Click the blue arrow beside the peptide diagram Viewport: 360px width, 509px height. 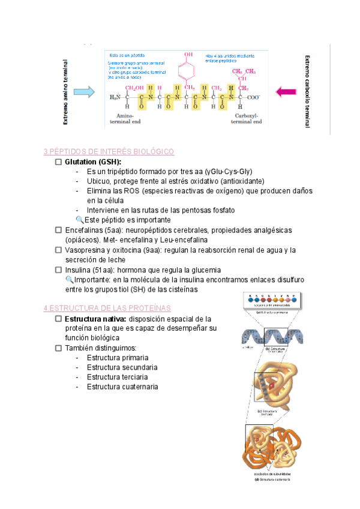point(83,92)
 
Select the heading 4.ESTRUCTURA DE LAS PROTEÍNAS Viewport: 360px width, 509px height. point(107,308)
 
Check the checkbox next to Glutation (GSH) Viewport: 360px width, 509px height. point(58,162)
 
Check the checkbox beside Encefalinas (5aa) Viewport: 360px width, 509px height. point(58,230)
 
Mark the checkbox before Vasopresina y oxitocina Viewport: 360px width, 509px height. point(58,250)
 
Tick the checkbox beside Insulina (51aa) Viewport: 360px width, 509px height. point(58,270)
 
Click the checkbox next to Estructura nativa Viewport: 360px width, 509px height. point(58,319)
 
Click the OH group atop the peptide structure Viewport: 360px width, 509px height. point(188,55)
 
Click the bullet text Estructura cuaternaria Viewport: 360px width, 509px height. point(122,387)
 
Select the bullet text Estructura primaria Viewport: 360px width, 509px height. point(117,357)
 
